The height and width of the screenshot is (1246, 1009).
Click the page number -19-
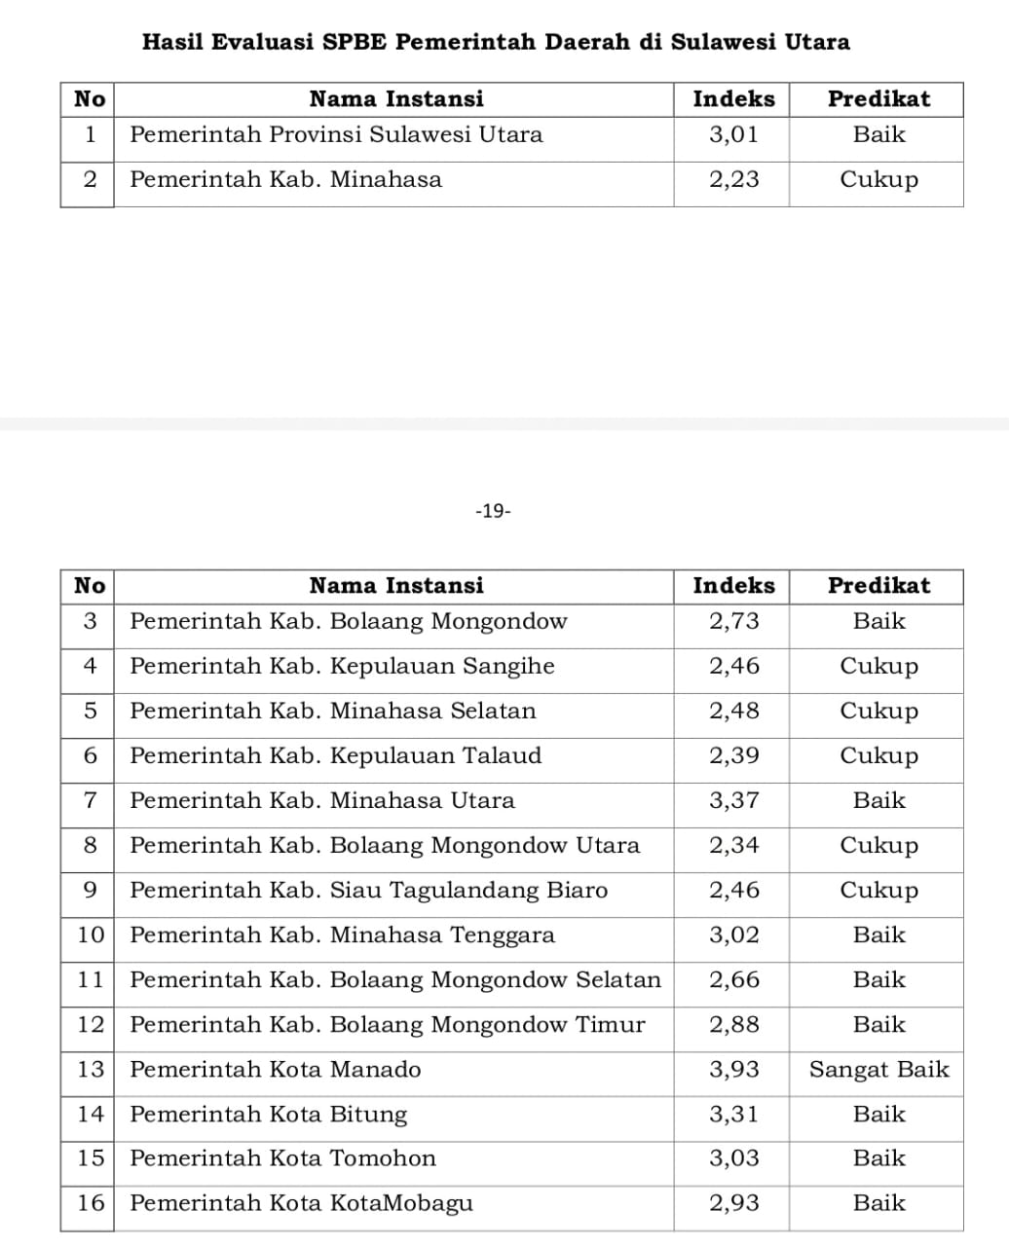pyautogui.click(x=493, y=511)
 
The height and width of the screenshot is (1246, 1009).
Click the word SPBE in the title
pyautogui.click(x=356, y=42)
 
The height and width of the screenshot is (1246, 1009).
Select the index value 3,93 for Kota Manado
pyautogui.click(x=733, y=1070)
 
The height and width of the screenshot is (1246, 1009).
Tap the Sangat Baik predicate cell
pyautogui.click(x=878, y=1070)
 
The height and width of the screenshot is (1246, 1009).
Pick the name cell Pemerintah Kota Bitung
pyautogui.click(x=269, y=1115)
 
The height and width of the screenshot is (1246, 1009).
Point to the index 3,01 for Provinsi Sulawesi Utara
pyautogui.click(x=733, y=134)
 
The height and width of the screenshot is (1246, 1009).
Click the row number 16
pyautogui.click(x=90, y=1203)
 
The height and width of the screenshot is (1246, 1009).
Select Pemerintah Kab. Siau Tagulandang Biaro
pyautogui.click(x=368, y=891)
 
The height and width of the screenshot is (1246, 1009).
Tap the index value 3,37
pyautogui.click(x=733, y=801)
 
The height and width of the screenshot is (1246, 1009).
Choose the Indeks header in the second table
pyautogui.click(x=733, y=586)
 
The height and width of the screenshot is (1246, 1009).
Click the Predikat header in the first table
pyautogui.click(x=878, y=99)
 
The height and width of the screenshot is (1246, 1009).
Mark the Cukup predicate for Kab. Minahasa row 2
pyautogui.click(x=878, y=180)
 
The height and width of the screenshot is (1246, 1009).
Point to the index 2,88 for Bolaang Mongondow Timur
pyautogui.click(x=733, y=1025)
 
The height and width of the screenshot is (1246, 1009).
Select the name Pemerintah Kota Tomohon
pyautogui.click(x=282, y=1158)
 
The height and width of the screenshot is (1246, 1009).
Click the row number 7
pyautogui.click(x=90, y=801)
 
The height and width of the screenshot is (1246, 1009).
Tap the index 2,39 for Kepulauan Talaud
pyautogui.click(x=733, y=756)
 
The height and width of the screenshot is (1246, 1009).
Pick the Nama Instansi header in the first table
pyautogui.click(x=395, y=99)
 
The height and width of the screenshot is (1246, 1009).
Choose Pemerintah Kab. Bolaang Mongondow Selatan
pyautogui.click(x=395, y=980)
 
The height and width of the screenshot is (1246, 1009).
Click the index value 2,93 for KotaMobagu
pyautogui.click(x=733, y=1203)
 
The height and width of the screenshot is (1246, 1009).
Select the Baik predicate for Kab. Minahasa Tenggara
pyautogui.click(x=878, y=935)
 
